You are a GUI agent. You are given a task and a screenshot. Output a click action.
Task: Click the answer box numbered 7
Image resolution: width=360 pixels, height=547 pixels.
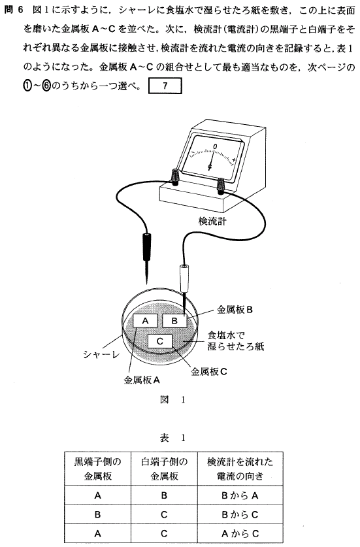tap(165, 86)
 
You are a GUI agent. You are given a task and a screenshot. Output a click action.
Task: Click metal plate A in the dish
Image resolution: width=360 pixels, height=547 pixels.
tap(145, 321)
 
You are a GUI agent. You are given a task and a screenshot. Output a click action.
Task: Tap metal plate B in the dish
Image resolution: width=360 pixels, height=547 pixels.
tap(174, 321)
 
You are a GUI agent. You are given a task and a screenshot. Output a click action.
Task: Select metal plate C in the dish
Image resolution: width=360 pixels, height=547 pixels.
tap(160, 341)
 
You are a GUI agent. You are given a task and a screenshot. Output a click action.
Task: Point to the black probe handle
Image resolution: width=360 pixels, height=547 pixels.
tap(146, 247)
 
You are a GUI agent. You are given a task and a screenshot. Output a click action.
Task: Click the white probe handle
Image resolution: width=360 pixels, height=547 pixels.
tap(184, 278)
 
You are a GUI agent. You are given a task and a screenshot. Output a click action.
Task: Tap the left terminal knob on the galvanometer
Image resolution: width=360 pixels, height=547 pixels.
tap(174, 176)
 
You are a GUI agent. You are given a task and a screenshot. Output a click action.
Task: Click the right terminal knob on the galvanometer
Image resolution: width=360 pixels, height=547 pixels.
tap(221, 185)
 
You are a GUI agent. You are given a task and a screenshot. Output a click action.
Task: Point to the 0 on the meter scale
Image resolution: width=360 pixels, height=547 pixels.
tap(215, 146)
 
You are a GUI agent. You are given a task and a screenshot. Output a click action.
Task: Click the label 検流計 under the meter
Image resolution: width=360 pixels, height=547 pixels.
tap(212, 221)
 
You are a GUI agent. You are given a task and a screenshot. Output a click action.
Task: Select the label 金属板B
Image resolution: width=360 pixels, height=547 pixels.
tap(235, 309)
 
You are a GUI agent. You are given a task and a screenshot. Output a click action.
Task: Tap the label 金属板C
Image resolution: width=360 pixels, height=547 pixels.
tap(209, 372)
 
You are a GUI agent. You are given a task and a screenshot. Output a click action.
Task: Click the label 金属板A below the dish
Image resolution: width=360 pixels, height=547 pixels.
tap(142, 380)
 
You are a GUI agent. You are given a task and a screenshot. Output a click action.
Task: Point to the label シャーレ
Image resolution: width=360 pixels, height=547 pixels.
tap(101, 354)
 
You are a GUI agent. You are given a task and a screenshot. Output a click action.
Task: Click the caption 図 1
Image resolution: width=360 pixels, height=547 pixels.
tap(172, 400)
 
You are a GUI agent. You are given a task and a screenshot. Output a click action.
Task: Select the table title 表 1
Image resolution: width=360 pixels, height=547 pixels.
tap(172, 438)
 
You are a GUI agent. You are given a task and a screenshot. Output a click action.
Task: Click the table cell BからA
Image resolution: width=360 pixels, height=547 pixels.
tap(240, 495)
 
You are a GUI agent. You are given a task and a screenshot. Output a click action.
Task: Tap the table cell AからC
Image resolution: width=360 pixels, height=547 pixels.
tap(240, 533)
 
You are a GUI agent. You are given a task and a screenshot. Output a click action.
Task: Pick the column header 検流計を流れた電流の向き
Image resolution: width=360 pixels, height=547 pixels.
tap(240, 469)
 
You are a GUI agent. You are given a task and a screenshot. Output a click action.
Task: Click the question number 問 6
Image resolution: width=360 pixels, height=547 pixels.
tap(13, 10)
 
